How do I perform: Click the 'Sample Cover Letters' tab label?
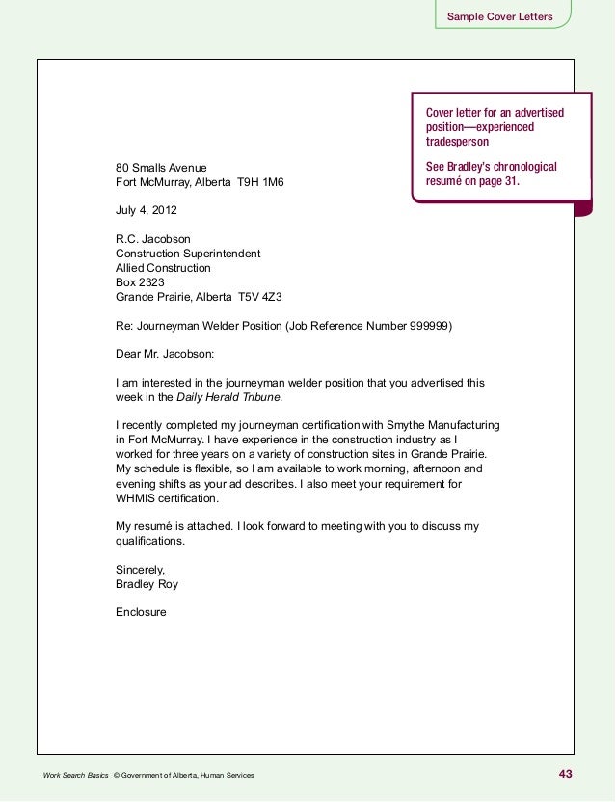coord(498,17)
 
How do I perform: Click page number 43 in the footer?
coord(565,774)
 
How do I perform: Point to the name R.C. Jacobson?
coord(153,239)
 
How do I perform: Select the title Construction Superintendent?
coord(187,254)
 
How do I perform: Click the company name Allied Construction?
coord(163,268)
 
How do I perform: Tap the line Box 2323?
coord(141,282)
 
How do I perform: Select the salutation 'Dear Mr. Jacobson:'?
coord(165,354)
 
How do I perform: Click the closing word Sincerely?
coord(141,570)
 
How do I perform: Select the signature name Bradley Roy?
coord(147,584)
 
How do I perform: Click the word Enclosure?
coord(141,611)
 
